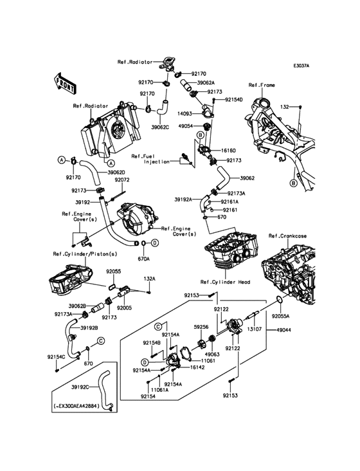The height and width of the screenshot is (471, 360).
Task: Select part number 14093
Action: [x=184, y=114]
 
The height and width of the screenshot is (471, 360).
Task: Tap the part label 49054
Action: [x=186, y=126]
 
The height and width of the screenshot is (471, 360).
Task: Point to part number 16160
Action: [x=229, y=151]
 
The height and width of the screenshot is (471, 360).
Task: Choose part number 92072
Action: [x=122, y=180]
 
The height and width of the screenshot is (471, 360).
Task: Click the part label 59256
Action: [x=201, y=328]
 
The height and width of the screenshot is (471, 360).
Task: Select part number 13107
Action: [x=255, y=329]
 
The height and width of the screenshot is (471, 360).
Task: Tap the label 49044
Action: [x=283, y=330]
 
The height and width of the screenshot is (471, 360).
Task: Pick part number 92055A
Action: [x=280, y=317]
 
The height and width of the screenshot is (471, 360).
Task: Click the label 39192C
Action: [x=80, y=387]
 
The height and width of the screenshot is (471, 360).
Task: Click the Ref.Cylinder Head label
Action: [x=225, y=282]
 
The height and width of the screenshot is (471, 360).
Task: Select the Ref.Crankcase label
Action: [x=287, y=236]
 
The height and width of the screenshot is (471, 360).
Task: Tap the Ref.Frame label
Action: [x=262, y=86]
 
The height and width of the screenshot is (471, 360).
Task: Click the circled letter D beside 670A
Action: [x=154, y=243]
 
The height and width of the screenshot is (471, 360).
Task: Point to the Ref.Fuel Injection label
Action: [x=150, y=159]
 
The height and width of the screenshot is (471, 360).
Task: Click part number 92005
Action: [x=124, y=308]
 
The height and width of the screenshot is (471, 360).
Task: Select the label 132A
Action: [x=149, y=279]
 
